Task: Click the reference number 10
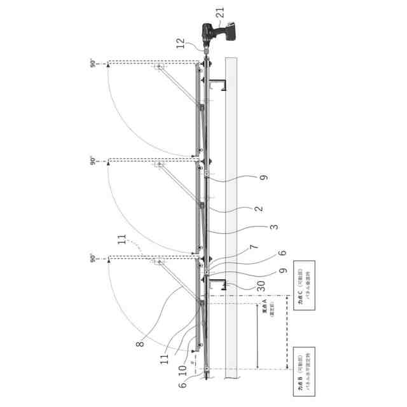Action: (x=184, y=368)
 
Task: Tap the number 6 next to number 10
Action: (x=183, y=384)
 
